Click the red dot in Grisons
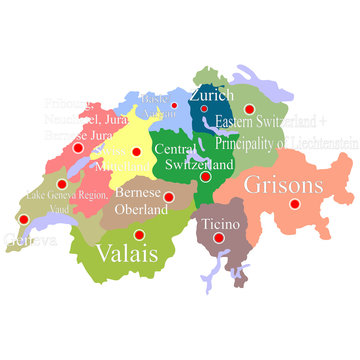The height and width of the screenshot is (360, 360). coord(295,203)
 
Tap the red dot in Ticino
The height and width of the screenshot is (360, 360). coord(218,237)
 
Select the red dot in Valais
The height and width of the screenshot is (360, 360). coord(138,235)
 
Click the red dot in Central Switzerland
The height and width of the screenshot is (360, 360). coord(204,176)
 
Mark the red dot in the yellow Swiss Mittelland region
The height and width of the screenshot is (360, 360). coord(136,152)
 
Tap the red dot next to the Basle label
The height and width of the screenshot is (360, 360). coord(174,105)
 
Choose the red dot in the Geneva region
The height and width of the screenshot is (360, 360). coord(24,219)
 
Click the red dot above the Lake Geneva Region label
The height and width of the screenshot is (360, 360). coord(62,184)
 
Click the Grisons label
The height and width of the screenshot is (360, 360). coord(284,185)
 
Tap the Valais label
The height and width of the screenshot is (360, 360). coord(126,253)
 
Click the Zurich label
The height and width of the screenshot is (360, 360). coord(211,96)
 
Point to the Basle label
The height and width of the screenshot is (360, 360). coord(154,100)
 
